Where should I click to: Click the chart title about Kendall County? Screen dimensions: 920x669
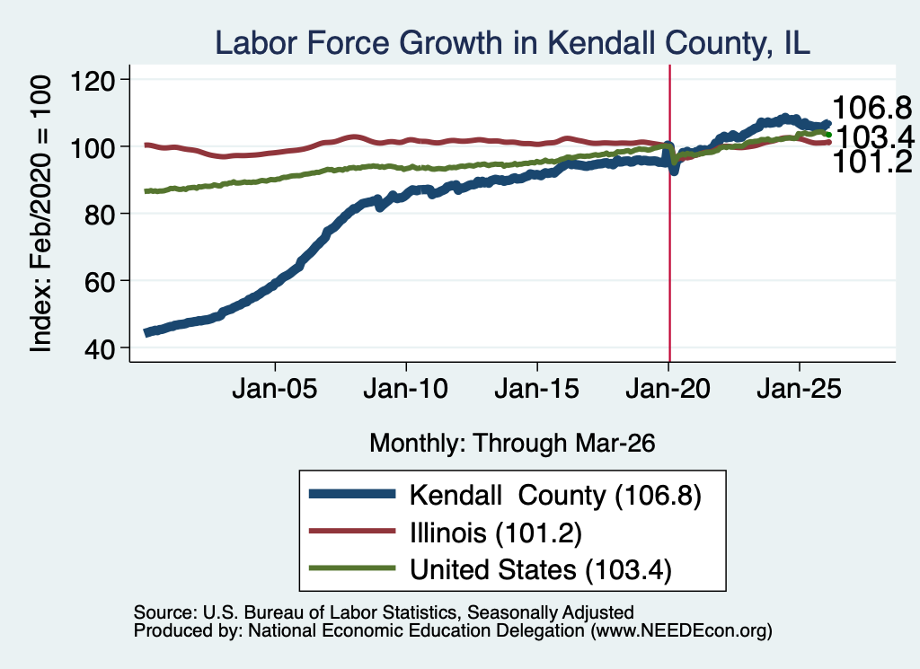point(512,43)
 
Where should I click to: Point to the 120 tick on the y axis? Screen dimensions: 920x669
point(93,80)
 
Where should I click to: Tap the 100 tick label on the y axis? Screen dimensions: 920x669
point(93,146)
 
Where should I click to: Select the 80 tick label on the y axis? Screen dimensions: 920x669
point(100,214)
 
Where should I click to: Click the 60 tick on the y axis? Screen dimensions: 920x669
point(100,281)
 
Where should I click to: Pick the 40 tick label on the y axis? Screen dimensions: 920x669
point(100,348)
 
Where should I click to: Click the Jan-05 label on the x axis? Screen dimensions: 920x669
point(275,389)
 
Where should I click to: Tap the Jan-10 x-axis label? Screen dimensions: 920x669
point(406,389)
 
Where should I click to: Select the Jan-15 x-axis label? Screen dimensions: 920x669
point(537,389)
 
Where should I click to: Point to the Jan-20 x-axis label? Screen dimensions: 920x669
point(668,389)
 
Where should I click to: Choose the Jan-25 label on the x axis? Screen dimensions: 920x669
point(799,389)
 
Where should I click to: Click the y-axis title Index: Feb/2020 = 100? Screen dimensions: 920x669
point(40,214)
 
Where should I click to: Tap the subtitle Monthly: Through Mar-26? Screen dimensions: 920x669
point(512,444)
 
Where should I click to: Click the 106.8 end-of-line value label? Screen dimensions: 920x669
point(872,108)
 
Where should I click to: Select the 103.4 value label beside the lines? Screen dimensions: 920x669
point(875,137)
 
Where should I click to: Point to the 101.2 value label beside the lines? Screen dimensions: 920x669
point(872,163)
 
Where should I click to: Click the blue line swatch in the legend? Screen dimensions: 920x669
point(352,494)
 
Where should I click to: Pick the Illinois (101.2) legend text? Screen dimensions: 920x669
point(496,533)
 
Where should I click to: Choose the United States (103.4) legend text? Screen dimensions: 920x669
point(540,570)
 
